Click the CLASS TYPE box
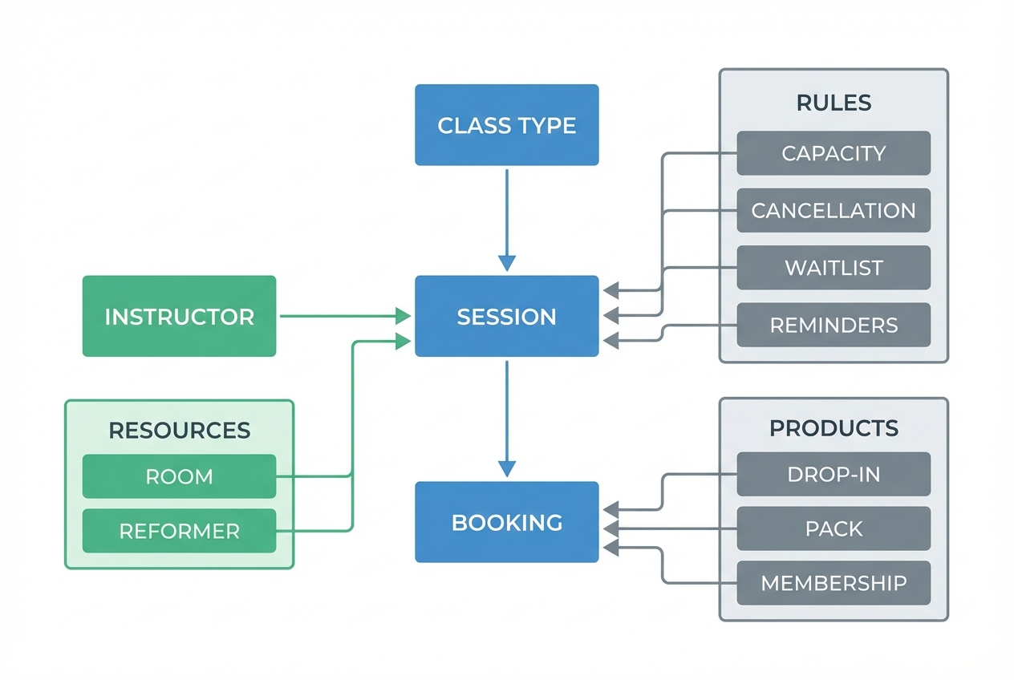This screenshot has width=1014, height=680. [x=506, y=125]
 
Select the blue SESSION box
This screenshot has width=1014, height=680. [x=506, y=316]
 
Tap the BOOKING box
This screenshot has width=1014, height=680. [x=506, y=522]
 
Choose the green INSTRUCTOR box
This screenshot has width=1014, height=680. [x=179, y=316]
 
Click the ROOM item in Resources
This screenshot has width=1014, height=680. [x=179, y=476]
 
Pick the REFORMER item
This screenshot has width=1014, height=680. [x=179, y=531]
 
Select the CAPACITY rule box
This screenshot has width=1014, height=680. [x=834, y=153]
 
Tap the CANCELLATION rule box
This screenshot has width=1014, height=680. [x=834, y=211]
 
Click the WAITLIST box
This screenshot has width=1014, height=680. [x=834, y=268]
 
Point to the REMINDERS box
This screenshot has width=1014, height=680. [x=834, y=325]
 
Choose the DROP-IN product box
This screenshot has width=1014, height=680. [x=834, y=474]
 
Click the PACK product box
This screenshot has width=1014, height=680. [x=834, y=528]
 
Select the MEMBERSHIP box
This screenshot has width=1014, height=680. [x=834, y=583]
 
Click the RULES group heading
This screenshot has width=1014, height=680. [x=834, y=103]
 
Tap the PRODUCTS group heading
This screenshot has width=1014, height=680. [x=834, y=428]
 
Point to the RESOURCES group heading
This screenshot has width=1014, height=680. [x=179, y=431]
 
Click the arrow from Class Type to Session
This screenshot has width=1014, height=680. [x=506, y=217]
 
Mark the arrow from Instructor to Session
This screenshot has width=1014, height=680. [x=341, y=316]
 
